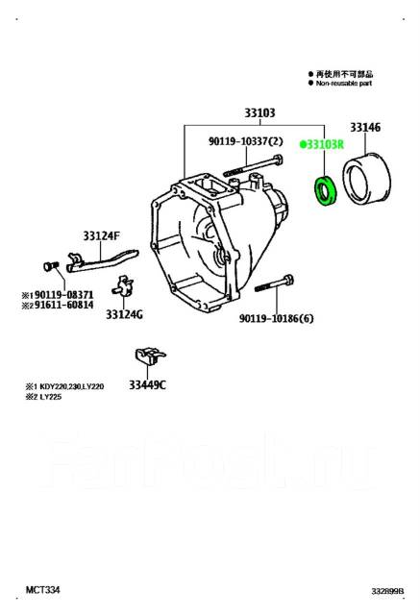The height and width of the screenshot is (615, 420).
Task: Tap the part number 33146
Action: [365, 127]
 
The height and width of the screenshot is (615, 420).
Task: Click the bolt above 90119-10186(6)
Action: [274, 285]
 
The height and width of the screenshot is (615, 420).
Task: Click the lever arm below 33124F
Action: [97, 259]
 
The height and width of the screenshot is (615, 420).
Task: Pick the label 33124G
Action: [124, 314]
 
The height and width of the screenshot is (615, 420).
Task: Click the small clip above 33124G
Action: [120, 286]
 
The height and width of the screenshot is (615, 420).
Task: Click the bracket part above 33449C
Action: [146, 357]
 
